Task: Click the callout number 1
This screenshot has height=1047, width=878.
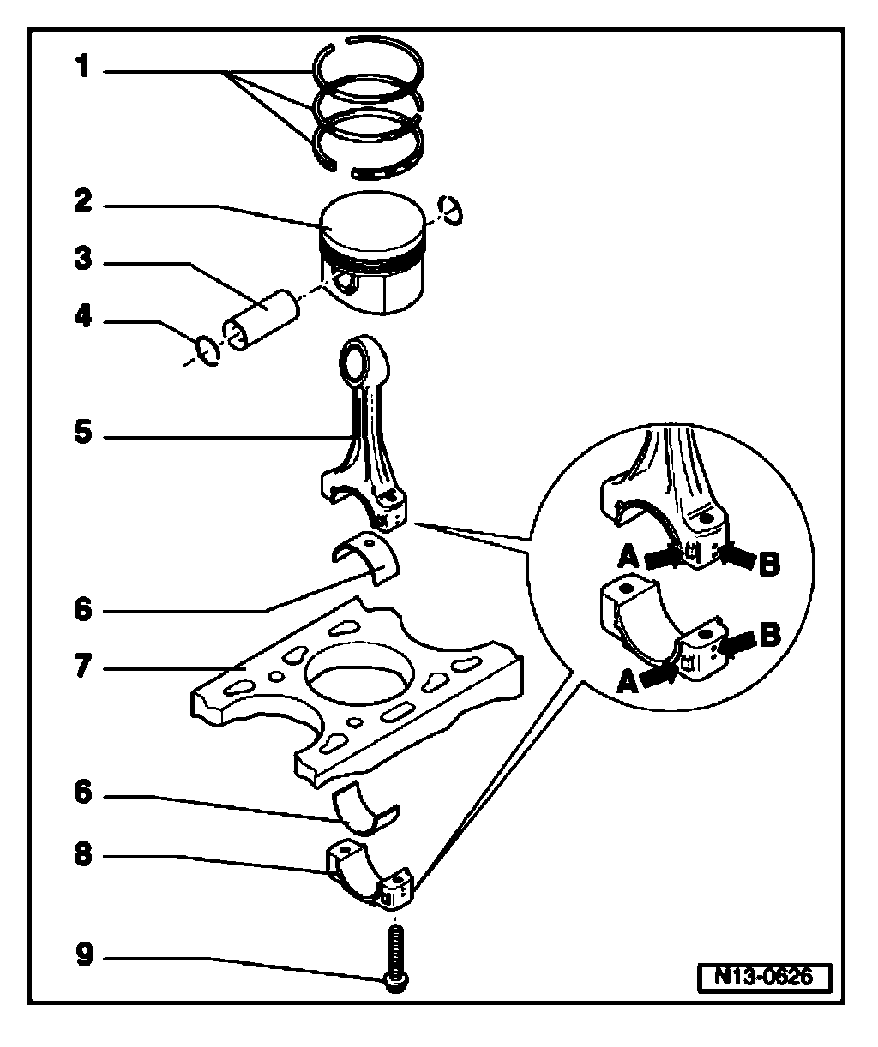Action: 82,67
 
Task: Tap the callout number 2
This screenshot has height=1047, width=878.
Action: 82,202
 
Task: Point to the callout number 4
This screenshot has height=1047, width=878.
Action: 82,318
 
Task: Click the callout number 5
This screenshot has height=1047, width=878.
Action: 82,434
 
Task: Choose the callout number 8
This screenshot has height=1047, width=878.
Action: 82,855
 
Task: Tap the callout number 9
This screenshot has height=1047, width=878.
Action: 82,954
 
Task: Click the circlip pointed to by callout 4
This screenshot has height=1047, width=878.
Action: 207,350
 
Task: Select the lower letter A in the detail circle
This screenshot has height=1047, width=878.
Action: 626,682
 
